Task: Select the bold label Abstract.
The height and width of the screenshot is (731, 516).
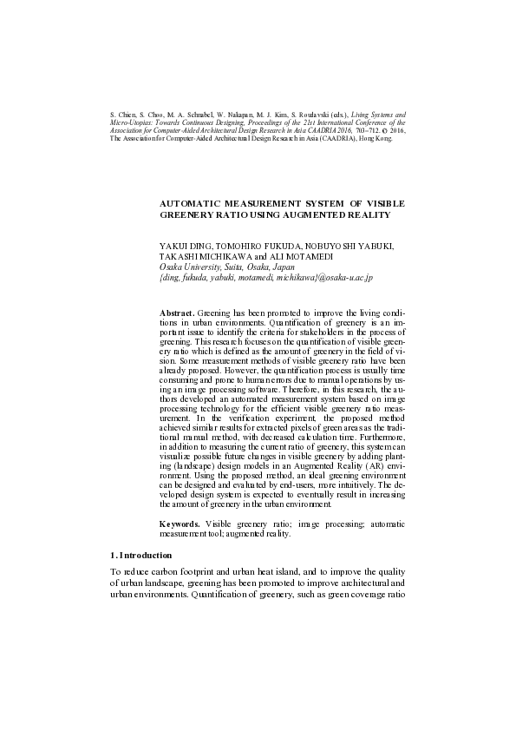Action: [178, 312]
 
